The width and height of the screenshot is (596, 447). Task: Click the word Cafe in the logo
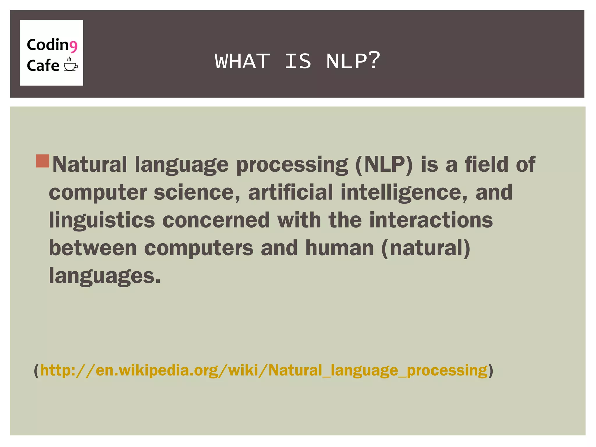click(x=43, y=65)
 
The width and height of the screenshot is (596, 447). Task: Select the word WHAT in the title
click(x=242, y=61)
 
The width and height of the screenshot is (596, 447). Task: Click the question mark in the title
click(x=374, y=60)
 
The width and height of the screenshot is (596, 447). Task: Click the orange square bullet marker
click(x=42, y=161)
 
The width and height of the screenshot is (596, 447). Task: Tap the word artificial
click(x=290, y=192)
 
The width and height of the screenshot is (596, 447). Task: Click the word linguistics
click(x=102, y=220)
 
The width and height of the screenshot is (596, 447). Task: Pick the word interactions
click(x=431, y=220)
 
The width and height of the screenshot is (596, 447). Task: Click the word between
click(x=93, y=248)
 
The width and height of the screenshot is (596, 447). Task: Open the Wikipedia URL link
click(x=264, y=370)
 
